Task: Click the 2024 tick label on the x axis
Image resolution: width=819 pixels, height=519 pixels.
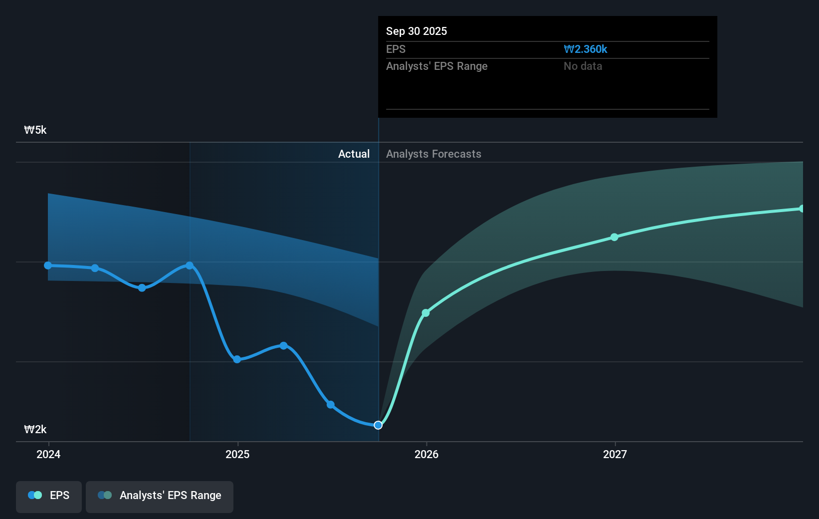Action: (x=48, y=454)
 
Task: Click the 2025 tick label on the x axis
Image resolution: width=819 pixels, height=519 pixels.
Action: (x=237, y=454)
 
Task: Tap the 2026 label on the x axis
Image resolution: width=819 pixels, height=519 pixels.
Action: (x=426, y=454)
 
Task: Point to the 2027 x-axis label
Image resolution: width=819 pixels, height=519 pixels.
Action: (x=615, y=454)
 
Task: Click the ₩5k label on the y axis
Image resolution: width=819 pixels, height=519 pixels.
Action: (x=35, y=130)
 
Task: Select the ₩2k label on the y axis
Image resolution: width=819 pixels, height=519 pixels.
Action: (x=35, y=430)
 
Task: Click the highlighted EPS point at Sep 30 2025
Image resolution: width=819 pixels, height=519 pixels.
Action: (x=378, y=425)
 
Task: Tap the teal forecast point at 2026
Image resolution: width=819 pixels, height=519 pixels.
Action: (x=425, y=313)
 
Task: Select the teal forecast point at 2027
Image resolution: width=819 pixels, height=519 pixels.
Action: (x=614, y=237)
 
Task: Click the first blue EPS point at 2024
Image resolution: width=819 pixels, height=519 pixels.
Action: (x=48, y=265)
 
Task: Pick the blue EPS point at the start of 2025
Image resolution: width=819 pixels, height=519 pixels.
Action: (x=237, y=359)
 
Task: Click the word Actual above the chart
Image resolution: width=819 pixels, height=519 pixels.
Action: (x=354, y=154)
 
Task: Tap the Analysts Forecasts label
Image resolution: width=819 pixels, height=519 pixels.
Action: (x=433, y=154)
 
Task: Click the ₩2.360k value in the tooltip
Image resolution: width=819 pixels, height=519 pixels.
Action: (x=585, y=49)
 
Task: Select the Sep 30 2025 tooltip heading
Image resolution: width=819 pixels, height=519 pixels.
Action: (x=416, y=31)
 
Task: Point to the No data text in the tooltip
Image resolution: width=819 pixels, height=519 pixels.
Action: (x=583, y=66)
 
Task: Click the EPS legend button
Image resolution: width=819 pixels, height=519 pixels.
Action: (x=49, y=496)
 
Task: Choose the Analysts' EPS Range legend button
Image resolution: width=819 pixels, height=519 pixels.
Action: (x=160, y=496)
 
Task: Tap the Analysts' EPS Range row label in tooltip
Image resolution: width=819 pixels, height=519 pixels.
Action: (x=436, y=66)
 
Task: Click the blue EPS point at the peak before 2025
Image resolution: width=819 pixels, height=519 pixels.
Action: (x=190, y=265)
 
